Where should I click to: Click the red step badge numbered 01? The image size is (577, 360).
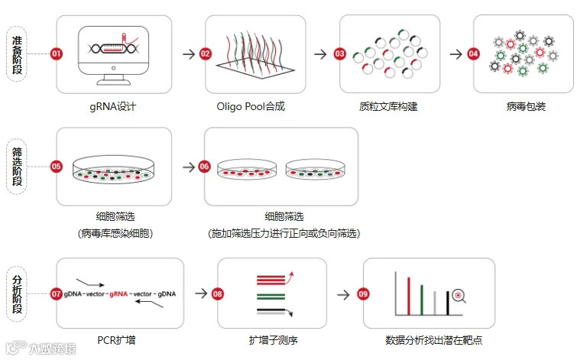pos(56,54)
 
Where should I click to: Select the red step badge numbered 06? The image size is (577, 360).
pos(204,166)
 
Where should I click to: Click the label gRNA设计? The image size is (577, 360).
pos(112,106)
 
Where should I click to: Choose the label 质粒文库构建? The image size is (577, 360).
pos(386,106)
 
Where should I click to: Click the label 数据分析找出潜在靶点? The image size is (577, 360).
pos(433,339)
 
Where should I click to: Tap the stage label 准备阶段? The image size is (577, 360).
pos(18,54)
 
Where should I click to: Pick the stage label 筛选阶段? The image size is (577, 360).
pos(18,167)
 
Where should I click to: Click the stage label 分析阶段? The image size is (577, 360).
pos(18,294)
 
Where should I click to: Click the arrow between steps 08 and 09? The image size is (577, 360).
pos(344,294)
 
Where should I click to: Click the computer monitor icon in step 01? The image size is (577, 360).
pos(112,57)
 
